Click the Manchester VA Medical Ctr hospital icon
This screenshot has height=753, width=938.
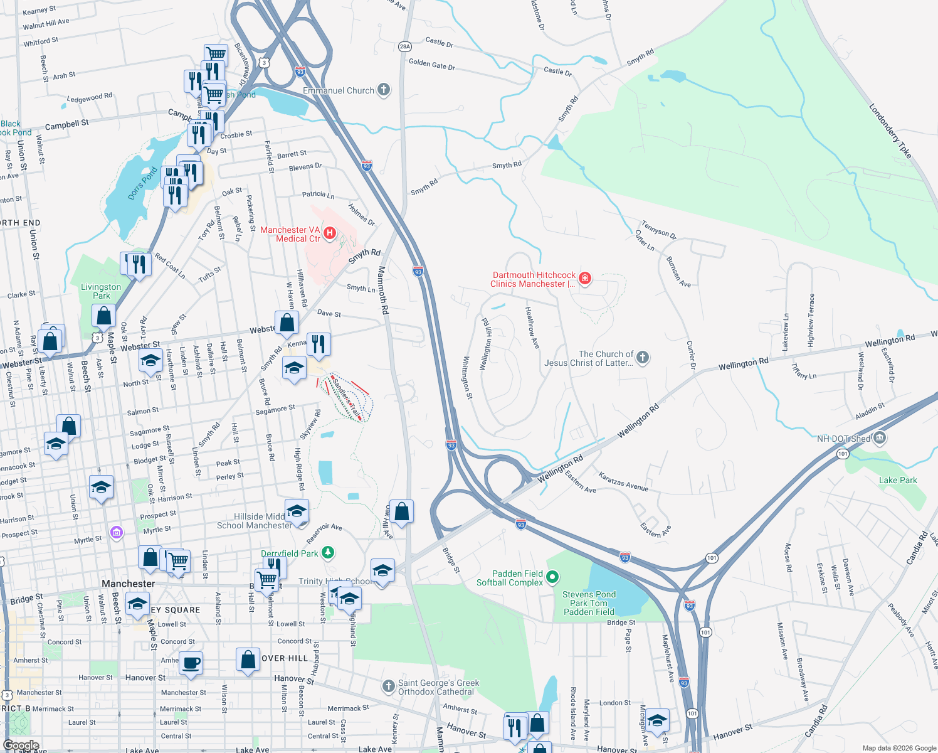tap(329, 233)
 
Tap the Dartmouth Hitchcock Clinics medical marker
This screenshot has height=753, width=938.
tap(584, 278)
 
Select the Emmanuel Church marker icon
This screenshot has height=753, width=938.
tap(383, 90)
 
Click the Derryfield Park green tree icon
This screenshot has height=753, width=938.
tap(327, 553)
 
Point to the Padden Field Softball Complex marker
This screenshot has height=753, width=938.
tap(552, 577)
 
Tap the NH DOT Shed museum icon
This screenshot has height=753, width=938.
tap(879, 437)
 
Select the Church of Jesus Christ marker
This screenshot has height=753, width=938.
tap(642, 358)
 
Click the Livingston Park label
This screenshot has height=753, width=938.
tap(101, 291)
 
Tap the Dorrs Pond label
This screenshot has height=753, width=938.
tap(142, 183)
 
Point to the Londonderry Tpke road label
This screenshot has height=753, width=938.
tap(890, 131)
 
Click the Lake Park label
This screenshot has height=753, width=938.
tap(897, 480)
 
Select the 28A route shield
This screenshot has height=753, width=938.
tap(404, 46)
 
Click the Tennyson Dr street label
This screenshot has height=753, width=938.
tap(658, 230)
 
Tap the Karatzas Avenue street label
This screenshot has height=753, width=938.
tap(623, 482)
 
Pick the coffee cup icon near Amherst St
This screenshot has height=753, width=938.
tap(191, 663)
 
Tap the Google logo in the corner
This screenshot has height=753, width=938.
tap(21, 745)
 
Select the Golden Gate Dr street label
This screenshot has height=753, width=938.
tap(431, 65)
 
